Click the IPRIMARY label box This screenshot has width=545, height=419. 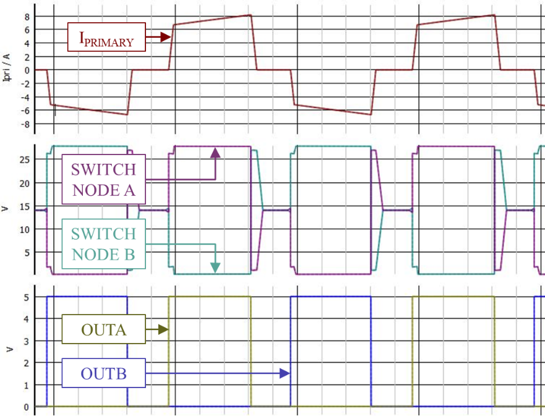point(106,37)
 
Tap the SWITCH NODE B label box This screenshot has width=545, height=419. point(103,243)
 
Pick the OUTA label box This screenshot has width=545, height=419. point(103,329)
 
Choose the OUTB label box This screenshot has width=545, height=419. point(103,373)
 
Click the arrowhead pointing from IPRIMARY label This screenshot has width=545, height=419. point(166,37)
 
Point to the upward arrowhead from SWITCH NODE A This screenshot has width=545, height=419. point(215,153)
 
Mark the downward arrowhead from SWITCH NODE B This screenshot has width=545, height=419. point(215,268)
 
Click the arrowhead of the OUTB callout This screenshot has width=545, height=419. point(285,373)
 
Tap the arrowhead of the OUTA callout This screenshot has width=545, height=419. point(164,329)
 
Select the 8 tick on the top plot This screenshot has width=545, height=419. point(27,17)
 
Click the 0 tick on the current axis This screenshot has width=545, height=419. point(27,70)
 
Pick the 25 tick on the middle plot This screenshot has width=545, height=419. point(25,159)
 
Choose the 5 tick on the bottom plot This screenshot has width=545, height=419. point(27,297)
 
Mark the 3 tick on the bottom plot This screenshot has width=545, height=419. point(27,341)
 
